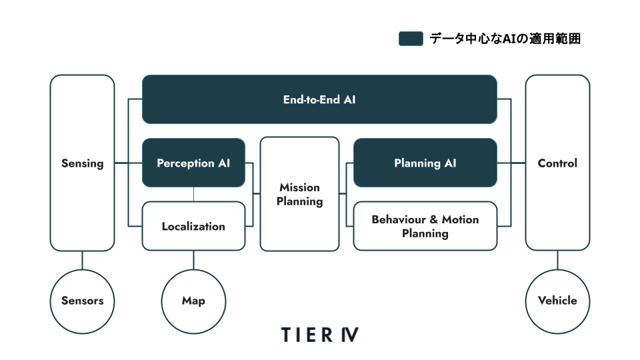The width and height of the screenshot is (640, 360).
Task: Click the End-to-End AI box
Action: [x=319, y=99]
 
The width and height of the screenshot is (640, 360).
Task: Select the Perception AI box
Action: [x=193, y=163]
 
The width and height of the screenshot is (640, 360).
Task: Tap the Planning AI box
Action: [x=425, y=163]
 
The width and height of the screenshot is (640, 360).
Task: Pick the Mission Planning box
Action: [x=299, y=194]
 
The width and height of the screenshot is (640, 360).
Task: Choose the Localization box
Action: [x=193, y=226]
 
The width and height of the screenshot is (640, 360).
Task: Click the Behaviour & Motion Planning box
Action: [x=425, y=226]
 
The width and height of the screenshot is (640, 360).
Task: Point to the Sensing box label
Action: [x=83, y=163]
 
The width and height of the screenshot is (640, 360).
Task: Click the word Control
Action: [x=557, y=163]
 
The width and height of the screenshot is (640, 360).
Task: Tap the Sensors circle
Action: [x=83, y=301]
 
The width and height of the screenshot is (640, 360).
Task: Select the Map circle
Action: [x=193, y=301]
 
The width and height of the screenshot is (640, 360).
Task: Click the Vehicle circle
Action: [x=557, y=301]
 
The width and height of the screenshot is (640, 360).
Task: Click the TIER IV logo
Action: [x=319, y=335]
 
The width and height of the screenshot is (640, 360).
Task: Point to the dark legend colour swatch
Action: [x=411, y=39]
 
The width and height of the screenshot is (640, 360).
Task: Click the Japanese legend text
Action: [x=505, y=39]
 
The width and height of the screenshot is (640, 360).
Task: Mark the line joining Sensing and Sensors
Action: [x=83, y=260]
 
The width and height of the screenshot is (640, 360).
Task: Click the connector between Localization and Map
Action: [x=193, y=260]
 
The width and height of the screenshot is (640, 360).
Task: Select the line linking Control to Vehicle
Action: [x=557, y=260]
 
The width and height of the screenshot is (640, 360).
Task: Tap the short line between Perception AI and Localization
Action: [x=193, y=194]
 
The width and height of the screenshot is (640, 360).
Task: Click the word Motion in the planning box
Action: [x=461, y=219]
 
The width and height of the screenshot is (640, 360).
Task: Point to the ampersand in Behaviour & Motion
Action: [x=434, y=219]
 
